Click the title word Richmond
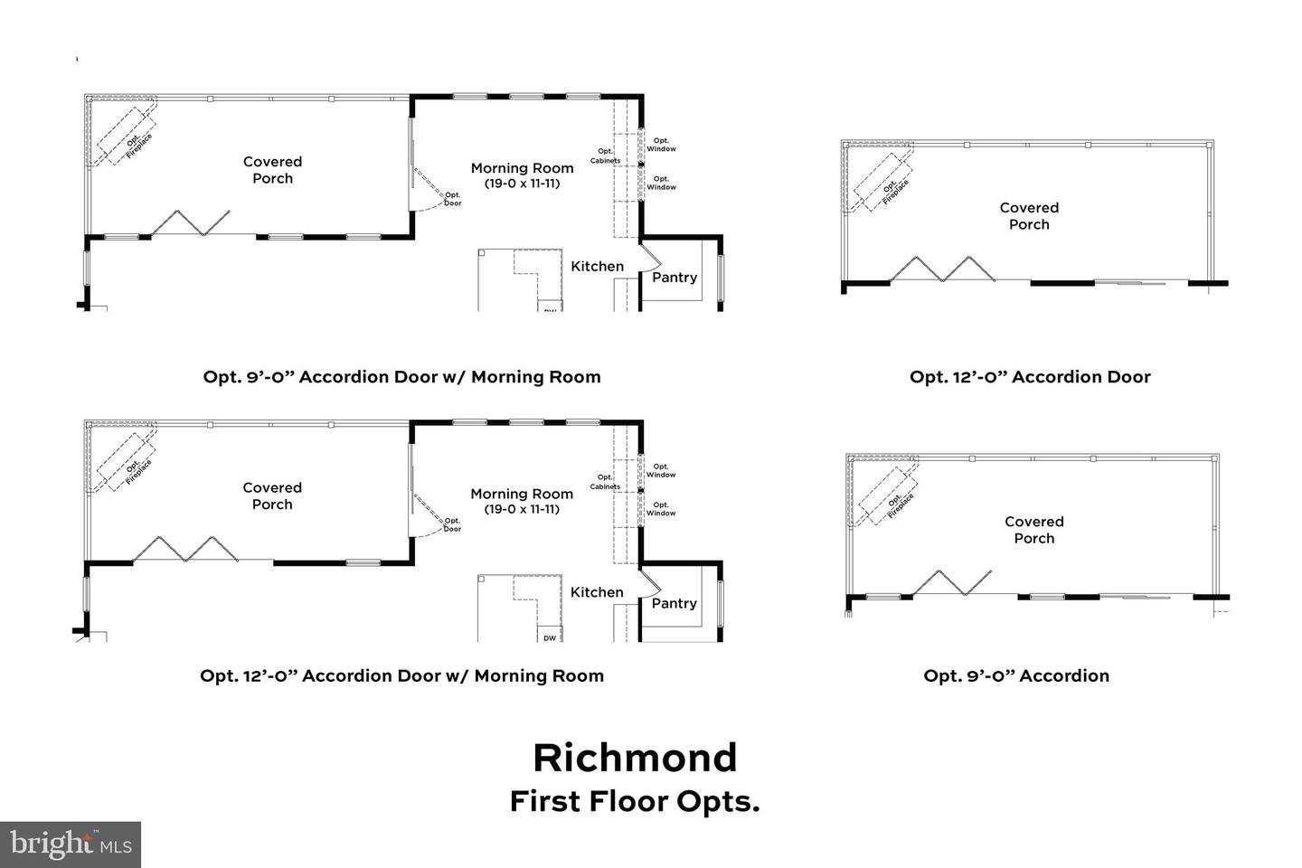coord(635,758)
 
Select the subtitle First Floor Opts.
coord(635,802)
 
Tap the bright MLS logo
coord(70,844)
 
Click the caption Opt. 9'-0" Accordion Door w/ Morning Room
coord(401,377)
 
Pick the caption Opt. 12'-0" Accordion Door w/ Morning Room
coord(401,675)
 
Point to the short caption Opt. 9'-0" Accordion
coord(1016,675)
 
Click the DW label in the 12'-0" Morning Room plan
coord(550,638)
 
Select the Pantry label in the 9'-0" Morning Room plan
coord(675,278)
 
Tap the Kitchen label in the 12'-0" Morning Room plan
coord(597,592)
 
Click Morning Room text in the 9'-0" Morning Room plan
coord(522,168)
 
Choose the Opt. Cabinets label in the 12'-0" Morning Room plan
coord(605,482)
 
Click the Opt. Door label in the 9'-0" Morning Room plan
coord(452,199)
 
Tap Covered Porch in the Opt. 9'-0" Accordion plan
coord(1033,530)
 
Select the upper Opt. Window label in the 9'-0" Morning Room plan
coord(661,145)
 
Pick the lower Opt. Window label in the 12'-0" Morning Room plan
coord(661,509)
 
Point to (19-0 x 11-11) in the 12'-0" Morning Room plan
coord(522,509)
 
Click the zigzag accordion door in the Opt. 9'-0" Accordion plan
coord(952,583)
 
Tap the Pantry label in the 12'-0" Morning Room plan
coord(675,603)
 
